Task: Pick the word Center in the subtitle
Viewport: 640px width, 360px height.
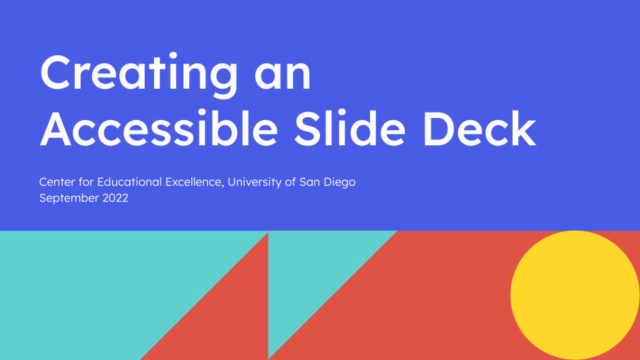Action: pyautogui.click(x=56, y=181)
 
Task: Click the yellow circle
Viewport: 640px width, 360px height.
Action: pyautogui.click(x=575, y=295)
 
